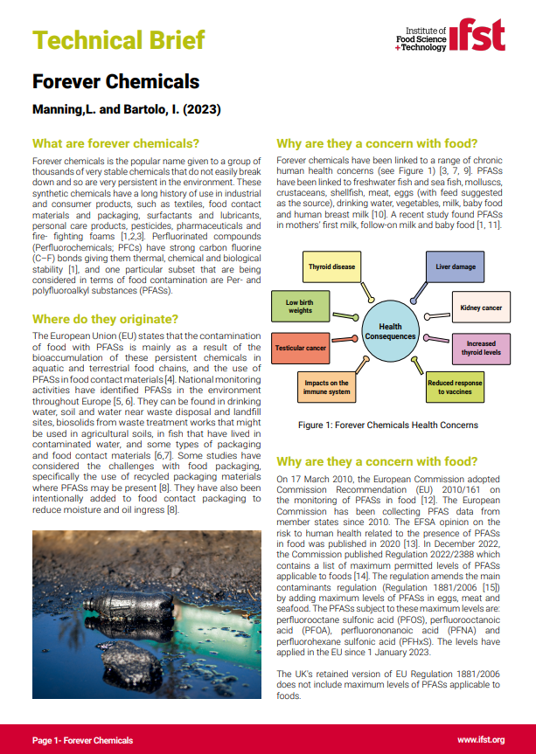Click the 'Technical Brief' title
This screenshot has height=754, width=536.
[x=119, y=39]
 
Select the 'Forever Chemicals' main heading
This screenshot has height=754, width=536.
[x=115, y=83]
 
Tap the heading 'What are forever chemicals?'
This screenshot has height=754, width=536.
[x=115, y=143]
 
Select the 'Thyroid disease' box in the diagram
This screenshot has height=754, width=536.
[x=331, y=266]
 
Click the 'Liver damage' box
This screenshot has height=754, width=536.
[x=455, y=266]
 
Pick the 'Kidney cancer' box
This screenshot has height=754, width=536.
[x=481, y=308]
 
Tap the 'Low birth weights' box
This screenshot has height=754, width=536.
[x=300, y=306]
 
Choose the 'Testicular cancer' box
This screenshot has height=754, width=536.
[x=301, y=348]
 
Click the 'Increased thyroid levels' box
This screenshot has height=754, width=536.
[x=481, y=349]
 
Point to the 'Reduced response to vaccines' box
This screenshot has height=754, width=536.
[x=455, y=388]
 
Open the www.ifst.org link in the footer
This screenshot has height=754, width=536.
[x=481, y=740]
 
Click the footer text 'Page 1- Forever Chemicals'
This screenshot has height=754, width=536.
[x=83, y=740]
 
